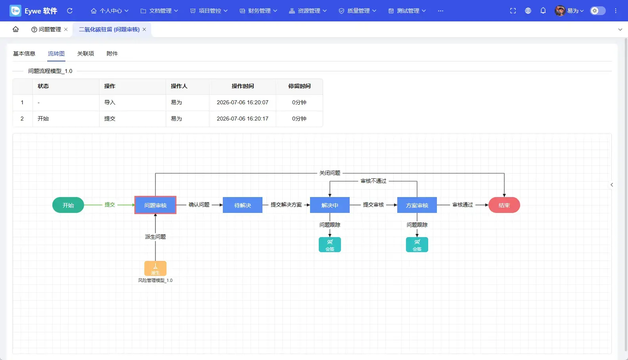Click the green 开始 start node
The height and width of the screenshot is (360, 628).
[x=68, y=205]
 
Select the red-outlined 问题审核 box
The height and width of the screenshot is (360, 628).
[x=155, y=205]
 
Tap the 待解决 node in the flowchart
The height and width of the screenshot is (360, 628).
[x=243, y=205]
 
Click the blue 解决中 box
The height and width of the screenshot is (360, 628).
[x=330, y=205]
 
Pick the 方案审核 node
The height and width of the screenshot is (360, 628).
[x=417, y=205]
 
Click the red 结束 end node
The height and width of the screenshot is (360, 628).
[x=504, y=205]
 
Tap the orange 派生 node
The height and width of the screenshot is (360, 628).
[x=155, y=268]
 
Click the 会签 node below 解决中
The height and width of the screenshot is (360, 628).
[x=330, y=245]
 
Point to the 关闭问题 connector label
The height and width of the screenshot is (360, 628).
[x=330, y=173]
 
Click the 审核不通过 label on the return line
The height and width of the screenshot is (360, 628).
[x=373, y=181]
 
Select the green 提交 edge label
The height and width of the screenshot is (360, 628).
[x=109, y=205]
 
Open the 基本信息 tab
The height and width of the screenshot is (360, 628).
[x=24, y=54]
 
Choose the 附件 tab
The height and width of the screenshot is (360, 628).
[x=112, y=54]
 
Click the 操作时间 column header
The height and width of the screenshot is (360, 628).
[x=243, y=86]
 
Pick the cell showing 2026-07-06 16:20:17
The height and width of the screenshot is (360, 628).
[x=243, y=119]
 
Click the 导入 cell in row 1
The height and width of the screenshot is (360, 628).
[x=109, y=102]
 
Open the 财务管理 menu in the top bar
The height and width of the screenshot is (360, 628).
[x=258, y=11]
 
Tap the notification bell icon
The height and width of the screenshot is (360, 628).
[x=543, y=11]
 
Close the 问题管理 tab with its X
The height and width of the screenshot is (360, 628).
[x=66, y=29]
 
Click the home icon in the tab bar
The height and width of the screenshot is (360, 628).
[x=16, y=29]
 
